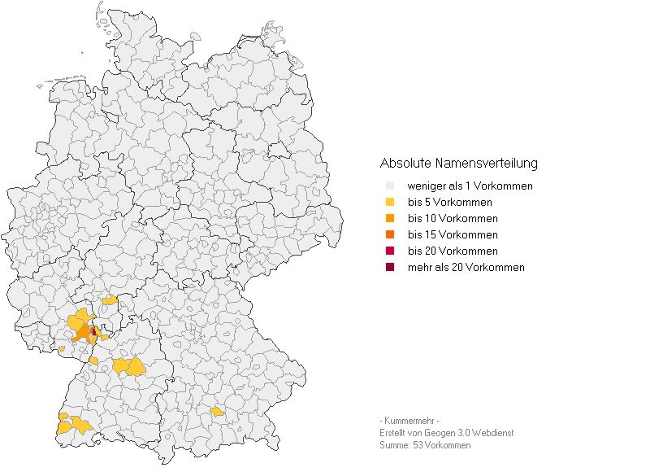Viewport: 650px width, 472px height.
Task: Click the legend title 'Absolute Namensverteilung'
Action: click(458, 164)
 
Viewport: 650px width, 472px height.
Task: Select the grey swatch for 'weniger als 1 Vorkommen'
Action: click(390, 186)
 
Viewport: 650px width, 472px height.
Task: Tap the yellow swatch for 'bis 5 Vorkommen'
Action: click(390, 203)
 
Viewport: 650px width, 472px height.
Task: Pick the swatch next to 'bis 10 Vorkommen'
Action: click(390, 219)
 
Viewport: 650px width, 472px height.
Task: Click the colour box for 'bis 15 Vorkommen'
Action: click(390, 235)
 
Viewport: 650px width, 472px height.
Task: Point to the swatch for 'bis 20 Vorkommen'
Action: click(390, 251)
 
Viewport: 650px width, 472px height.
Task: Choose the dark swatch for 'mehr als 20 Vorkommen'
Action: click(390, 268)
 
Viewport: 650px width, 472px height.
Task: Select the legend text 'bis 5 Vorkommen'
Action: click(449, 203)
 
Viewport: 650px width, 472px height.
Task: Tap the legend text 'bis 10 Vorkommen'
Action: click(452, 219)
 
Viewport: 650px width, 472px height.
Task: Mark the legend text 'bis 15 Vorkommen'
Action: click(452, 235)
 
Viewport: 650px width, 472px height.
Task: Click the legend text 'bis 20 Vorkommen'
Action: click(452, 251)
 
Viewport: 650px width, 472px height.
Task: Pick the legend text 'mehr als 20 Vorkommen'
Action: click(466, 268)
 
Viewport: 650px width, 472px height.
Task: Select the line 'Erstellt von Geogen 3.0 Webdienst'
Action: click(446, 433)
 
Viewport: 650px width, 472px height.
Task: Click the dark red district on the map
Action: click(94, 331)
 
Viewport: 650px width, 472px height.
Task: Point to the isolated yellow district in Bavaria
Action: click(217, 412)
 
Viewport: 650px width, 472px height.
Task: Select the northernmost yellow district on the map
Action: click(110, 300)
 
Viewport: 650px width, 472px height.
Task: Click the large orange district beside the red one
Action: click(84, 334)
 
